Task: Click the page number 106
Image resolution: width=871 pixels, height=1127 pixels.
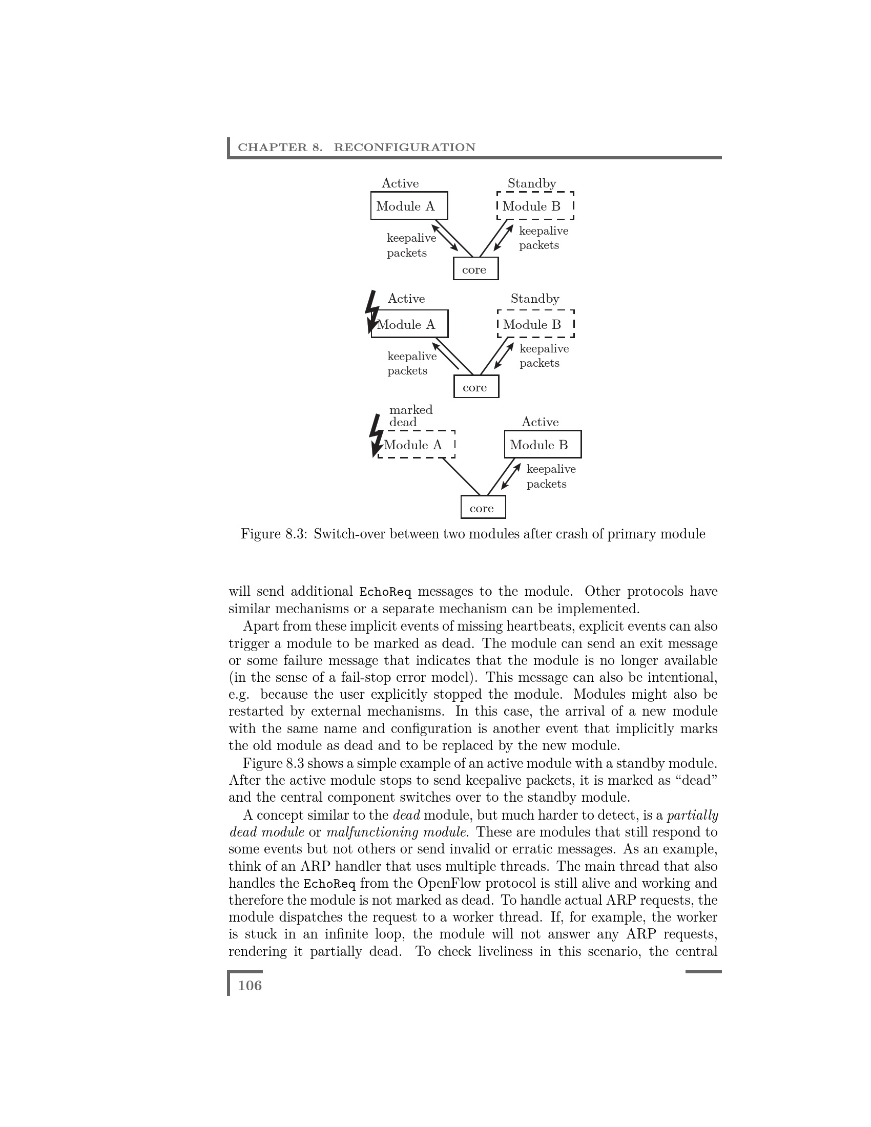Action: (x=250, y=986)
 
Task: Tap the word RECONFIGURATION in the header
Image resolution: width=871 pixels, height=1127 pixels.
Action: (x=405, y=148)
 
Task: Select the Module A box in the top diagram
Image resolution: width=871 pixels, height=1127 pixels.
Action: (x=409, y=206)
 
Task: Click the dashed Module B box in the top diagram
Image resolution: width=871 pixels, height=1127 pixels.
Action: (x=534, y=206)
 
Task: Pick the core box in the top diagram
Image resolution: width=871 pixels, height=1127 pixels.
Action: (x=475, y=269)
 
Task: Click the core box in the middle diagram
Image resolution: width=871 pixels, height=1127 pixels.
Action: (x=476, y=387)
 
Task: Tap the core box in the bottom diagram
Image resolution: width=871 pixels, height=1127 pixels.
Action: (x=483, y=508)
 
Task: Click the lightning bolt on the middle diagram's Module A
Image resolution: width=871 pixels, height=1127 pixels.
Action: (x=371, y=311)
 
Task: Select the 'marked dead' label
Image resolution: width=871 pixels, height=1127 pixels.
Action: (x=410, y=416)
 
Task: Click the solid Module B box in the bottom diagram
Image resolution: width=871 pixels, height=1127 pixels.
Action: (x=542, y=444)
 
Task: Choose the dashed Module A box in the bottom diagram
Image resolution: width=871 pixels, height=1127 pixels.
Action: (x=416, y=444)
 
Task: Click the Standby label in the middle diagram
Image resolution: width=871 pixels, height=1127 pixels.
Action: (x=534, y=299)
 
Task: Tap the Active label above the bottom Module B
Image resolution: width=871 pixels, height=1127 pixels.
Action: (x=540, y=422)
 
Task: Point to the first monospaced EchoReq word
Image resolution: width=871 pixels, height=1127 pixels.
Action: (x=385, y=591)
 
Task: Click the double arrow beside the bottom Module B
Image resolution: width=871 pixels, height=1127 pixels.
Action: (x=510, y=476)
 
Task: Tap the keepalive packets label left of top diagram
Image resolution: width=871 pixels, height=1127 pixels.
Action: (x=411, y=245)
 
